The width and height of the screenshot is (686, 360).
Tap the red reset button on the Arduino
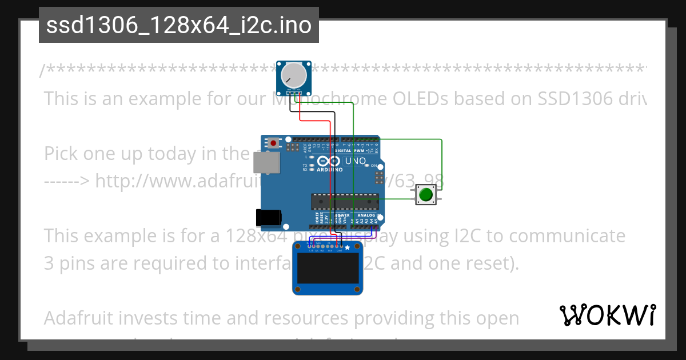pyautogui.click(x=274, y=142)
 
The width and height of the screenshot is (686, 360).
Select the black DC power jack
pyautogui.click(x=268, y=217)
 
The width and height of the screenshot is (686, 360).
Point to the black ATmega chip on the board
pyautogui.click(x=345, y=202)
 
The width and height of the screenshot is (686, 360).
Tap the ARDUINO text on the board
pyautogui.click(x=329, y=170)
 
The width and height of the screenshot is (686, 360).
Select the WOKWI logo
pyautogui.click(x=607, y=315)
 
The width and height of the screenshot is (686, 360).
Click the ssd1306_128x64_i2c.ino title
pyautogui.click(x=178, y=26)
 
